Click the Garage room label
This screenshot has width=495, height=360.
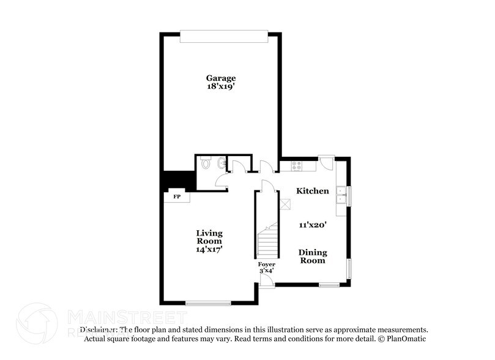click(x=220, y=78)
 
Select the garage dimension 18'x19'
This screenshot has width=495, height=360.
click(x=220, y=87)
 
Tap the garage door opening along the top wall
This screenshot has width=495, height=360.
click(x=224, y=37)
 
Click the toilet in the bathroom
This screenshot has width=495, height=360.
click(x=206, y=164)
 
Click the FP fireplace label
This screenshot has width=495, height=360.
click(x=177, y=197)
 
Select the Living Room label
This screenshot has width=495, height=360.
click(x=209, y=238)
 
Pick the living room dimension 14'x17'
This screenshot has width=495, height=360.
click(x=209, y=249)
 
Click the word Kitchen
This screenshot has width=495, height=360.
click(x=313, y=191)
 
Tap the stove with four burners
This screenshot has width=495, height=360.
click(x=297, y=165)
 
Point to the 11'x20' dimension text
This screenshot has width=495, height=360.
click(x=313, y=225)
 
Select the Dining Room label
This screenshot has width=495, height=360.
click(x=313, y=256)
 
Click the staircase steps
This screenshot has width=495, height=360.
click(x=267, y=242)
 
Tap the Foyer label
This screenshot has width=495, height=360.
click(x=266, y=264)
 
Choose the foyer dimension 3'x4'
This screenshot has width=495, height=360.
click(x=266, y=270)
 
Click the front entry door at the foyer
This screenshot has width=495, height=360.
click(x=266, y=280)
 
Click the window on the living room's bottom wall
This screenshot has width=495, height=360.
click(x=208, y=302)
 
